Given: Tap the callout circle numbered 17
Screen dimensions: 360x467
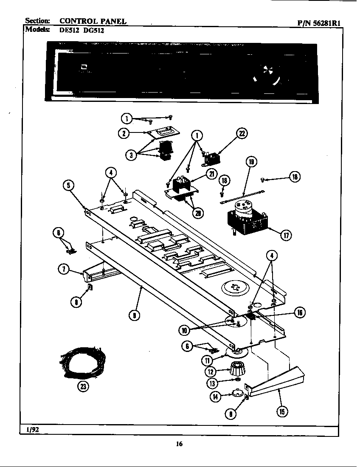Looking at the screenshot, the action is [287, 235].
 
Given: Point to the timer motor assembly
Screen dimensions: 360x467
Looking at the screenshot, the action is [246, 217].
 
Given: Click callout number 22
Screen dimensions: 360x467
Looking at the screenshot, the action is [242, 134].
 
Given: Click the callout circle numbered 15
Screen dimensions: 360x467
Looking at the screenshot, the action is [282, 411].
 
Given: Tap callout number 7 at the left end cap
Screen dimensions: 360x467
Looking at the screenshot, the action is [64, 269].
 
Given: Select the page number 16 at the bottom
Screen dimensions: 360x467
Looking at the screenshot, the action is [179, 444].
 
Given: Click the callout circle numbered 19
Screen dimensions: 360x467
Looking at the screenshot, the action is [251, 162].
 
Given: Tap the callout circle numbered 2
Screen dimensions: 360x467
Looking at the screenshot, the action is [124, 133].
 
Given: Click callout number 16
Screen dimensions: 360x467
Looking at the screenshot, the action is [299, 313].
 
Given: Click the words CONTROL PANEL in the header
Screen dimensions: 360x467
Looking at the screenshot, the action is [93, 20].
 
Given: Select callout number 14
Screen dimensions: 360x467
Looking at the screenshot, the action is [216, 397].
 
